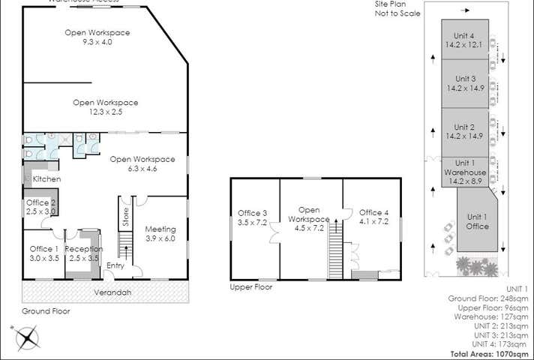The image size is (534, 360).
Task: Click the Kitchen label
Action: tap(46, 179)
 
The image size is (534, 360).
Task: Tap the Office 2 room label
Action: tap(41, 202)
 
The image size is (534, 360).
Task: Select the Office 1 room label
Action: tap(44, 249)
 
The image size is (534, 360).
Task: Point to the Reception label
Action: tap(83, 249)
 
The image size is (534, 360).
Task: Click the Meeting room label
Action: tap(160, 229)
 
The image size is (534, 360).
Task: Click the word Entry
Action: tap(115, 265)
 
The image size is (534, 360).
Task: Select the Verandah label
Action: tap(108, 292)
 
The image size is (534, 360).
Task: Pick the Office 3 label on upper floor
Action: tap(253, 212)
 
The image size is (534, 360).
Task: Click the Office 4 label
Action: tap(373, 212)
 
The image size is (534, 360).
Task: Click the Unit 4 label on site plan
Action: tap(465, 35)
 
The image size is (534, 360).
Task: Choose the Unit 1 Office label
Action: tap(478, 222)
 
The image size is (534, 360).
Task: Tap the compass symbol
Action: tap(28, 340)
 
